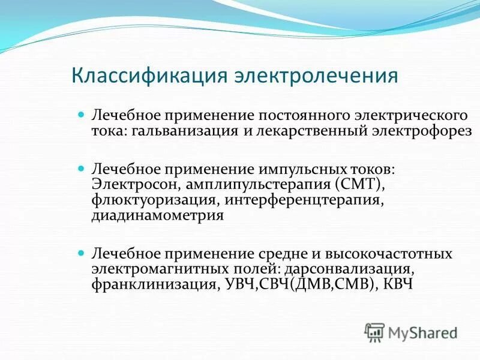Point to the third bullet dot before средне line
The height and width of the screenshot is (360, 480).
(x=83, y=253)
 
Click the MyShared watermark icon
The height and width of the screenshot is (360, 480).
(x=374, y=331)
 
